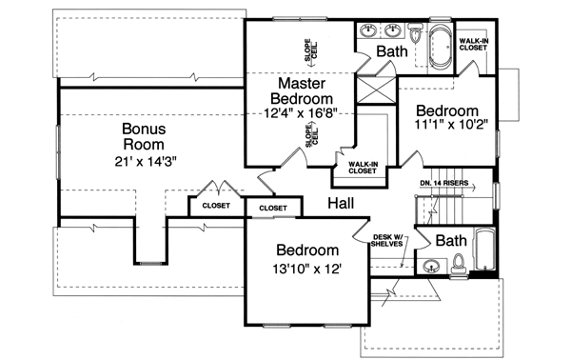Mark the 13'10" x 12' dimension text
tap(306, 269)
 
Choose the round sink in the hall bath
tap(431, 266)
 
